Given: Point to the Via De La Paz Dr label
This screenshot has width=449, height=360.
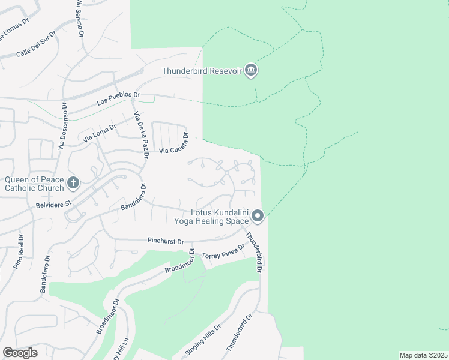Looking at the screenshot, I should [141, 136].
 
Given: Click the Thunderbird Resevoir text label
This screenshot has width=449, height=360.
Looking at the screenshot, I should [202, 71].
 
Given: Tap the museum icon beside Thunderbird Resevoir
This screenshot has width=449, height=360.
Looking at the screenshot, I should [251, 71].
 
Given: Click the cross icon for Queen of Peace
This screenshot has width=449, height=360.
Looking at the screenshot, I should [73, 182].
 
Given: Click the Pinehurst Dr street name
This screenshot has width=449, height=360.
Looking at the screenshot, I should [165, 241].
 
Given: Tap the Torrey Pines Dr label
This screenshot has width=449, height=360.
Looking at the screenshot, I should [223, 251].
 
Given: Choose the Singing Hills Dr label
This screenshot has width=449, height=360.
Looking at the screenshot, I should [203, 339].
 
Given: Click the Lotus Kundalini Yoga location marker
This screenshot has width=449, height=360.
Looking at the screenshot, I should [258, 215].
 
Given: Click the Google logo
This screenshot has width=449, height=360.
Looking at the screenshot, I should [20, 353].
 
